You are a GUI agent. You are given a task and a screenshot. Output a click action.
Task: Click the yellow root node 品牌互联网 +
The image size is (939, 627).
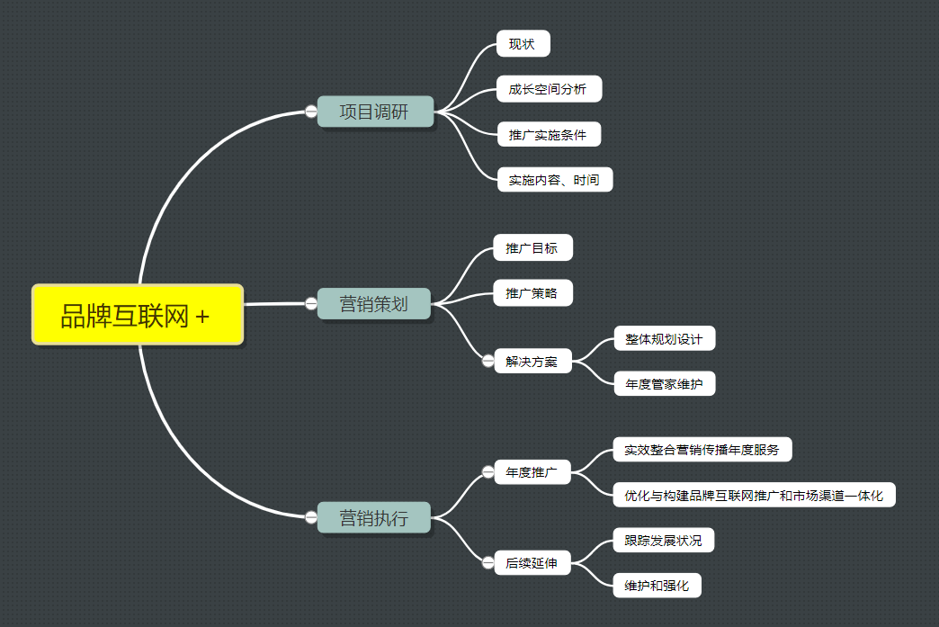pos(138,315)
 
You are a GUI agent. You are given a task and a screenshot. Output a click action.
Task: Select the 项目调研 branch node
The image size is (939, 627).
pos(375,112)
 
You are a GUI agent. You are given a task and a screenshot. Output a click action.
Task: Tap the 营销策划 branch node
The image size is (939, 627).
pos(374,304)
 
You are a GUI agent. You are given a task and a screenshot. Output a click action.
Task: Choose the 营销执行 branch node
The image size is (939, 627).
pos(374,518)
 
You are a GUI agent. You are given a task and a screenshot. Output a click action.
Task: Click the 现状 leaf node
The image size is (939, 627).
pos(523,43)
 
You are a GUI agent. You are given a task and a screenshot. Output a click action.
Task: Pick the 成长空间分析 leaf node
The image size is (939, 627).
pos(548,89)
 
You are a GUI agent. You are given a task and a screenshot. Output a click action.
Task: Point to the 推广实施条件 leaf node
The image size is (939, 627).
pos(548,135)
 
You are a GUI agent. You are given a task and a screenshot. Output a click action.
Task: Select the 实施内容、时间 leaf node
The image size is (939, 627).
pos(554,180)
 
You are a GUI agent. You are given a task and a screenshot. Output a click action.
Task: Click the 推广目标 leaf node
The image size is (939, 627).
pos(532,248)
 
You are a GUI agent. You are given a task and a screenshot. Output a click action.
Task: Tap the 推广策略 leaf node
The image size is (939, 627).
pos(532,293)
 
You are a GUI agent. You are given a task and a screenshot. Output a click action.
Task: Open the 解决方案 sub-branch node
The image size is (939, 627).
pos(532,362)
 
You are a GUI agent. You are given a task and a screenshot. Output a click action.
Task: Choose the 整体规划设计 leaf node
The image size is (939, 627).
pos(664,339)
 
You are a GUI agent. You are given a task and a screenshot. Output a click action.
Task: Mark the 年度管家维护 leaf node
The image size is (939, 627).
pos(664,385)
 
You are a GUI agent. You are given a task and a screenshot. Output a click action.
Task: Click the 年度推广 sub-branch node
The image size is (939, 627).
pos(532,472)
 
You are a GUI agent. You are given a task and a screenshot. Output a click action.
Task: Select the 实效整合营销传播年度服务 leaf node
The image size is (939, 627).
pos(702,450)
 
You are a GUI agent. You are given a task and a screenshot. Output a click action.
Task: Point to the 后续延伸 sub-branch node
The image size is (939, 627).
pos(532,564)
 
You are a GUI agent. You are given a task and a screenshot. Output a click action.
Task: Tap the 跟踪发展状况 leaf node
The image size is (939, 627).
pos(664,541)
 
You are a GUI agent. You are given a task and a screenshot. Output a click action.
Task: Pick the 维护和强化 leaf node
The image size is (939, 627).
pos(657,587)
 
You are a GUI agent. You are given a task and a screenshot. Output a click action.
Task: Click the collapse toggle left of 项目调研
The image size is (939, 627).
pos(311,112)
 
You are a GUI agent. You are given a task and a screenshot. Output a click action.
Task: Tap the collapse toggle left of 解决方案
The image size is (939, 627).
pos(488,361)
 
